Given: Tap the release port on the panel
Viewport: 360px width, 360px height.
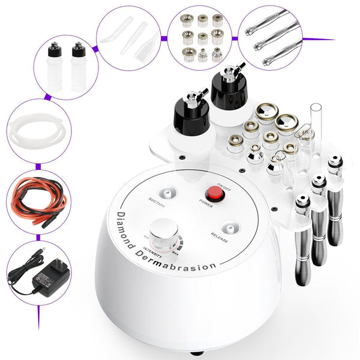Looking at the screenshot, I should tap(229, 227).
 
